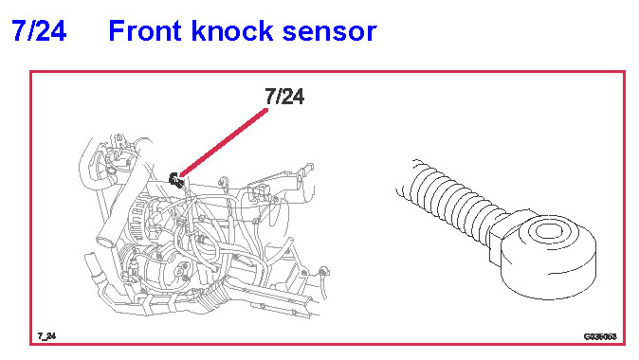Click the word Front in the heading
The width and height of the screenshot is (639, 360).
[x=145, y=31]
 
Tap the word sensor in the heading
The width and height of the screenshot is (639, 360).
[x=329, y=32]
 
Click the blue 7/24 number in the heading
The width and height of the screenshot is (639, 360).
[x=39, y=31]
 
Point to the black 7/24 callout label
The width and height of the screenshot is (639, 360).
[x=284, y=97]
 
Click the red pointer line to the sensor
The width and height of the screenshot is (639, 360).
[x=224, y=142]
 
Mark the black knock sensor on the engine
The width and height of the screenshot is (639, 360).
[x=176, y=180]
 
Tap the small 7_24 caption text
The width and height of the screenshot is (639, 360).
[x=46, y=336]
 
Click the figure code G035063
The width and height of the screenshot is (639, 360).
[x=600, y=336]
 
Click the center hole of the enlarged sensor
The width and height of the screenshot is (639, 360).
[x=548, y=232]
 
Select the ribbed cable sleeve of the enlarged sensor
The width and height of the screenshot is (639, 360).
[x=456, y=204]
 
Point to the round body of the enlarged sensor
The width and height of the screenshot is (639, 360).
[x=548, y=255]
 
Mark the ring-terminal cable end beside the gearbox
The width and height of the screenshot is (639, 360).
[x=323, y=272]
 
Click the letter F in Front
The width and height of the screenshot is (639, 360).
[x=117, y=31]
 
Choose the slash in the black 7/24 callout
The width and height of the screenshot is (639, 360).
[x=279, y=97]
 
